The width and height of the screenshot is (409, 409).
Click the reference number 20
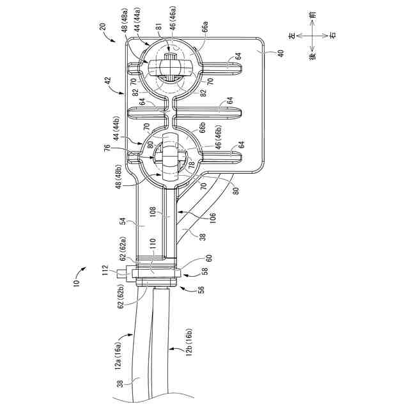pyautogui.click(x=103, y=27)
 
